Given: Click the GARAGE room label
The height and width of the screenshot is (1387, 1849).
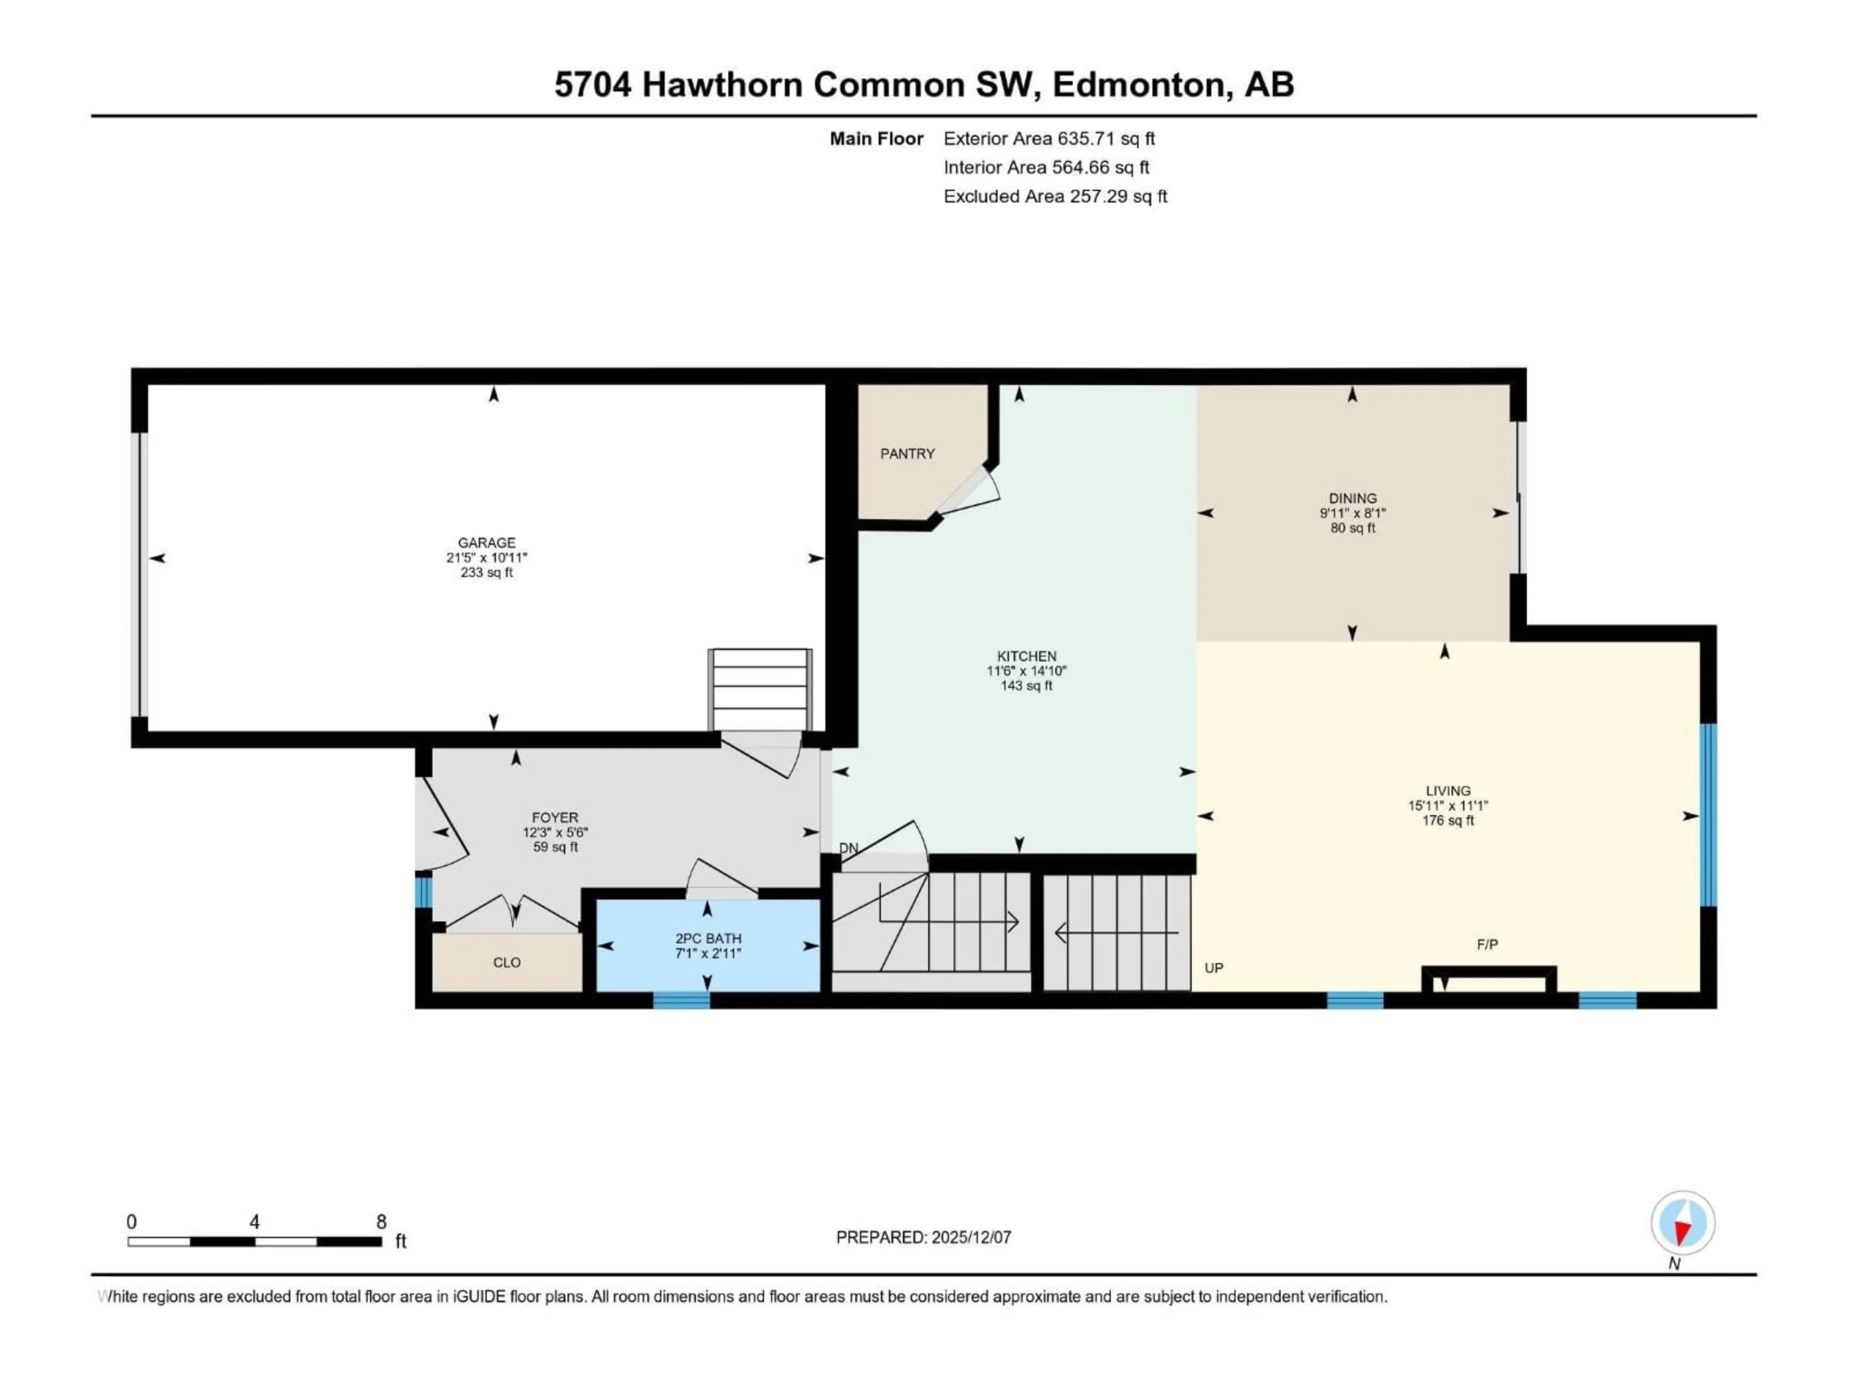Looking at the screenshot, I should (x=486, y=543).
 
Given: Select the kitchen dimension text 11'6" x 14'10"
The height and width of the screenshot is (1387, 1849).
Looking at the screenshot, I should (x=1027, y=670).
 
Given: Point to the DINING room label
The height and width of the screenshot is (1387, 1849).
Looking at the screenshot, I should (x=1353, y=498).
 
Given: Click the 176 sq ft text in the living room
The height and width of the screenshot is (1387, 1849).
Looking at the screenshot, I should (x=1448, y=820).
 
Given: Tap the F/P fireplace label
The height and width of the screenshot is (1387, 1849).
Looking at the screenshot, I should (x=1487, y=944).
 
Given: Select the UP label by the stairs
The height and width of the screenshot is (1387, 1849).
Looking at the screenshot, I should (x=1214, y=968).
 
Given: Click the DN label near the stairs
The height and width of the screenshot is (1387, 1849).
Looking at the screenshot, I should (x=848, y=848).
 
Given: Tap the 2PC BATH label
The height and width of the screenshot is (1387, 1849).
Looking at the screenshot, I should (x=708, y=938).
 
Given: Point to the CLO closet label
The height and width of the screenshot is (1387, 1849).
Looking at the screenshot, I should (x=507, y=962).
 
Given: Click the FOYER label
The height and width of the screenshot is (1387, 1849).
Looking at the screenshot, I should (x=555, y=818).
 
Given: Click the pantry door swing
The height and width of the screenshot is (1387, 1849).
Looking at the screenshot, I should (x=970, y=493).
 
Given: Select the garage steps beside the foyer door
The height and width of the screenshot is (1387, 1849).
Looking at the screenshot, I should (x=760, y=690).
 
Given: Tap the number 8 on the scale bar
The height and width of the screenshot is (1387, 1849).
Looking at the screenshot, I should (x=381, y=1221).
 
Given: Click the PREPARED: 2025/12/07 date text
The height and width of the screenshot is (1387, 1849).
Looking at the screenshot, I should (x=924, y=1237).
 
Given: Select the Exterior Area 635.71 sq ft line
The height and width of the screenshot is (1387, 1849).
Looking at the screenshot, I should (x=1049, y=139).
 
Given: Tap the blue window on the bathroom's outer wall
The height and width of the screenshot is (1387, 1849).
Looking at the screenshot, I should (x=681, y=1000).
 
